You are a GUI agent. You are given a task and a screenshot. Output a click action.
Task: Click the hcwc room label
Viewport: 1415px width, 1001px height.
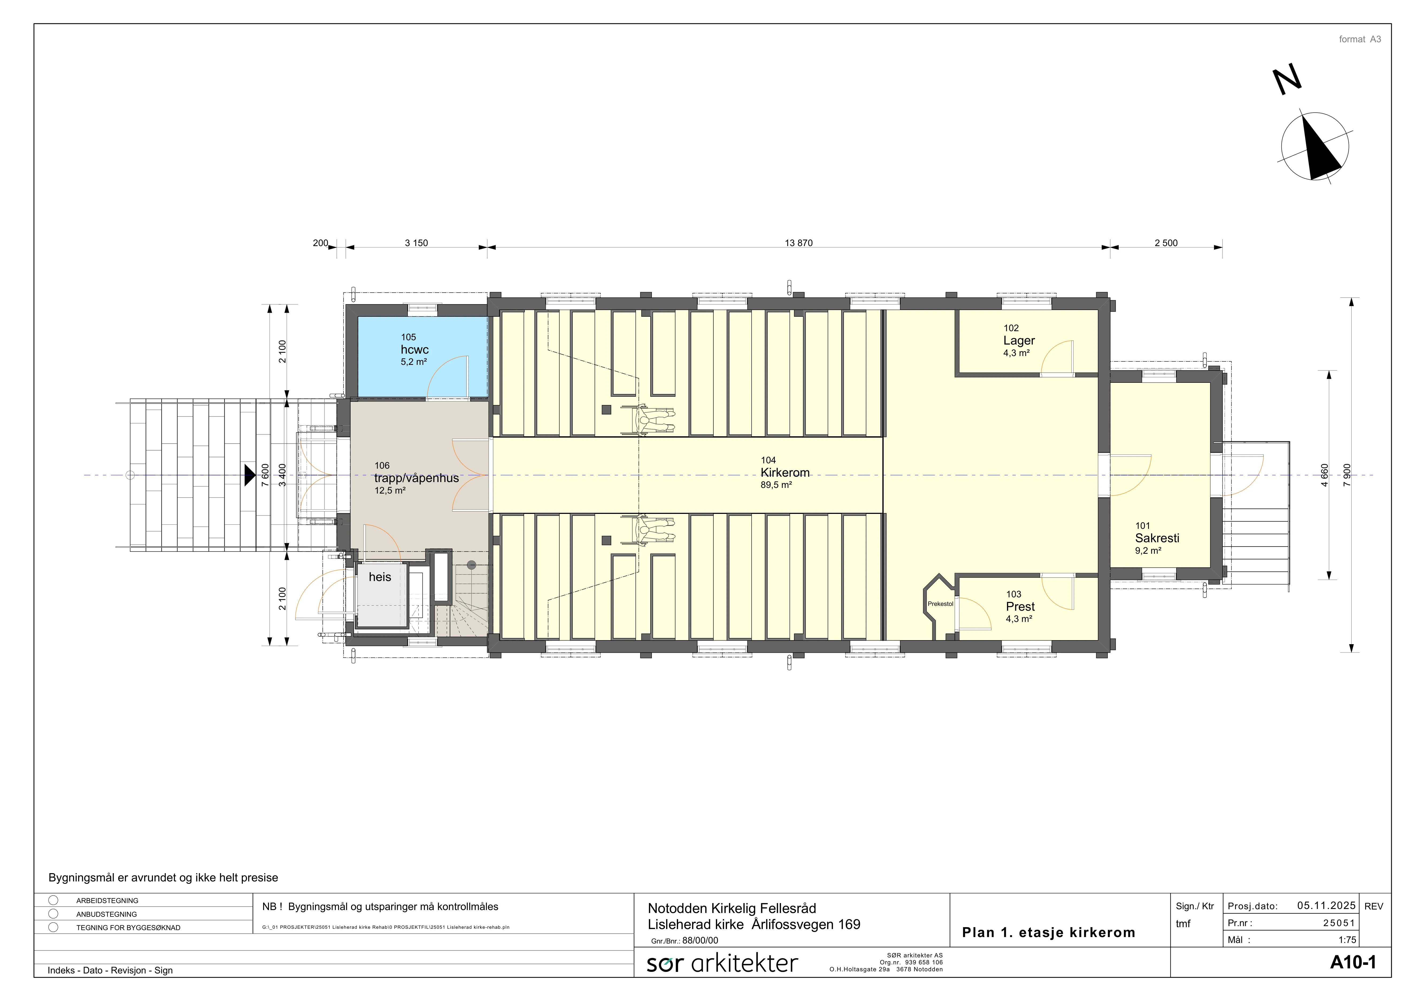415,349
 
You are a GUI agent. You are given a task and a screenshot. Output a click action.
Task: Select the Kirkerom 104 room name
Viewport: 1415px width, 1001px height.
785,473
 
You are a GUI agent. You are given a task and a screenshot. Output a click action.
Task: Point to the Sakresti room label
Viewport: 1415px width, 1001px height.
1157,538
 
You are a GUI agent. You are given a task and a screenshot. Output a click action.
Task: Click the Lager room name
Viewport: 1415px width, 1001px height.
1019,341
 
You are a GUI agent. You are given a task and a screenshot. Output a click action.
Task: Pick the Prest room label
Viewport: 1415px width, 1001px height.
1020,606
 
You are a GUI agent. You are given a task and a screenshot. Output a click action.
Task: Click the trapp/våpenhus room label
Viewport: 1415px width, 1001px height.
417,478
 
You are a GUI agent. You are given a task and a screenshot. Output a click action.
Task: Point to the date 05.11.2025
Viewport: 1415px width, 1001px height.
1326,906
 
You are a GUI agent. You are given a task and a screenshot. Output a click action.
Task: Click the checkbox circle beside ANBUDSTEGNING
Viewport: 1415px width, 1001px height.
54,914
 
